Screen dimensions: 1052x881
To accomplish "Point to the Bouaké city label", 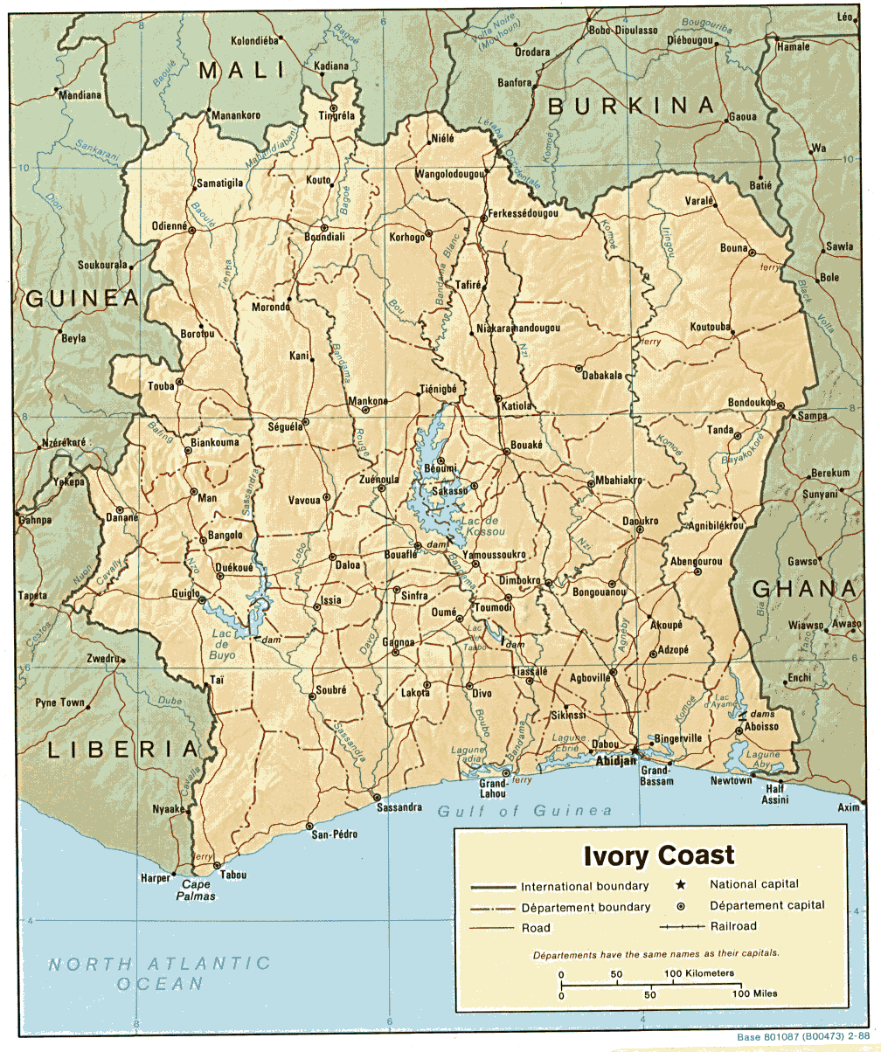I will coord(527,445).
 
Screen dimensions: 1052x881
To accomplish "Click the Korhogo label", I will coord(406,237).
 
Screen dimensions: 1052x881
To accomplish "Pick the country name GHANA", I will coord(804,589).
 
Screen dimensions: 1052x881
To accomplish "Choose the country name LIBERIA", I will coord(122,749).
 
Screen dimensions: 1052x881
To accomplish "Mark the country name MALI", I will coord(242,71).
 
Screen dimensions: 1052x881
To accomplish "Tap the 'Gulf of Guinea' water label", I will coord(524,811).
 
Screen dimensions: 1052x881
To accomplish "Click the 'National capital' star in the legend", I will coord(681,884).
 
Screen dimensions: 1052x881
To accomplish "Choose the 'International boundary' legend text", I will coord(585,886).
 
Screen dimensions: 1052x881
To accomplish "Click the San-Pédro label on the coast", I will coord(335,834).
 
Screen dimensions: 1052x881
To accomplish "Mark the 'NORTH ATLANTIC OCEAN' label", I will coord(159,972).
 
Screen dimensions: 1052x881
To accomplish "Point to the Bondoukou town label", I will coord(752,402).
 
